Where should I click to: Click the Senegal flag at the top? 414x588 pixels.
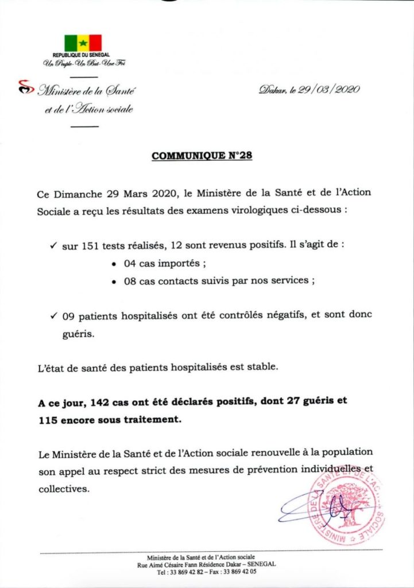tap(83, 43)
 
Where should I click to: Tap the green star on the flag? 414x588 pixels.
tap(83, 43)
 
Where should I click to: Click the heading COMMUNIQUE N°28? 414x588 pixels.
tap(202, 156)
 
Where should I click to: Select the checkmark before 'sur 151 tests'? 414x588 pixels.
tap(52, 246)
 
